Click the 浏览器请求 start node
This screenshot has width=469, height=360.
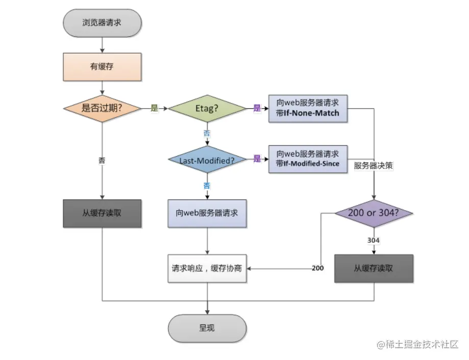pyautogui.click(x=102, y=23)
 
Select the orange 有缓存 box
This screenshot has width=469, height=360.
pyautogui.click(x=102, y=67)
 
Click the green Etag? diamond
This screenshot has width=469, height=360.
pyautogui.click(x=207, y=108)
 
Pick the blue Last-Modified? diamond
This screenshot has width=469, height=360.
pyautogui.click(x=207, y=160)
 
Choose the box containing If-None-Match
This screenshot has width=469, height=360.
pyautogui.click(x=308, y=108)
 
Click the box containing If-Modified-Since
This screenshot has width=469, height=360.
pyautogui.click(x=308, y=159)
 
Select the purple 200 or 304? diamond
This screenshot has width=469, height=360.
pyautogui.click(x=374, y=213)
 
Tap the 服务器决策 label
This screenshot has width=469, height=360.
pyautogui.click(x=374, y=166)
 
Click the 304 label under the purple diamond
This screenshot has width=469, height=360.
pyautogui.click(x=374, y=239)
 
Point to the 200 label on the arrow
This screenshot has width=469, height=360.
pyautogui.click(x=318, y=268)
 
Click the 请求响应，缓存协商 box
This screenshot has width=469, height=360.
pyautogui.click(x=207, y=268)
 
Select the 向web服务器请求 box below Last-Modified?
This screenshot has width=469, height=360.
pyautogui.click(x=207, y=213)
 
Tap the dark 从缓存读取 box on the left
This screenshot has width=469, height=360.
pyautogui.click(x=102, y=213)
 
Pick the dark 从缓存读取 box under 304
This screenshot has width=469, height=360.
pyautogui.click(x=374, y=268)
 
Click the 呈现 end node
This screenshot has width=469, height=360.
pyautogui.click(x=207, y=327)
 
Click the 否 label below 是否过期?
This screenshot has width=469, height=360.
pyautogui.click(x=102, y=160)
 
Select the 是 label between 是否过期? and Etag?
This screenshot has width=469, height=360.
pyautogui.click(x=155, y=108)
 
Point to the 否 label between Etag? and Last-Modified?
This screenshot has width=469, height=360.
pyautogui.click(x=207, y=133)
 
